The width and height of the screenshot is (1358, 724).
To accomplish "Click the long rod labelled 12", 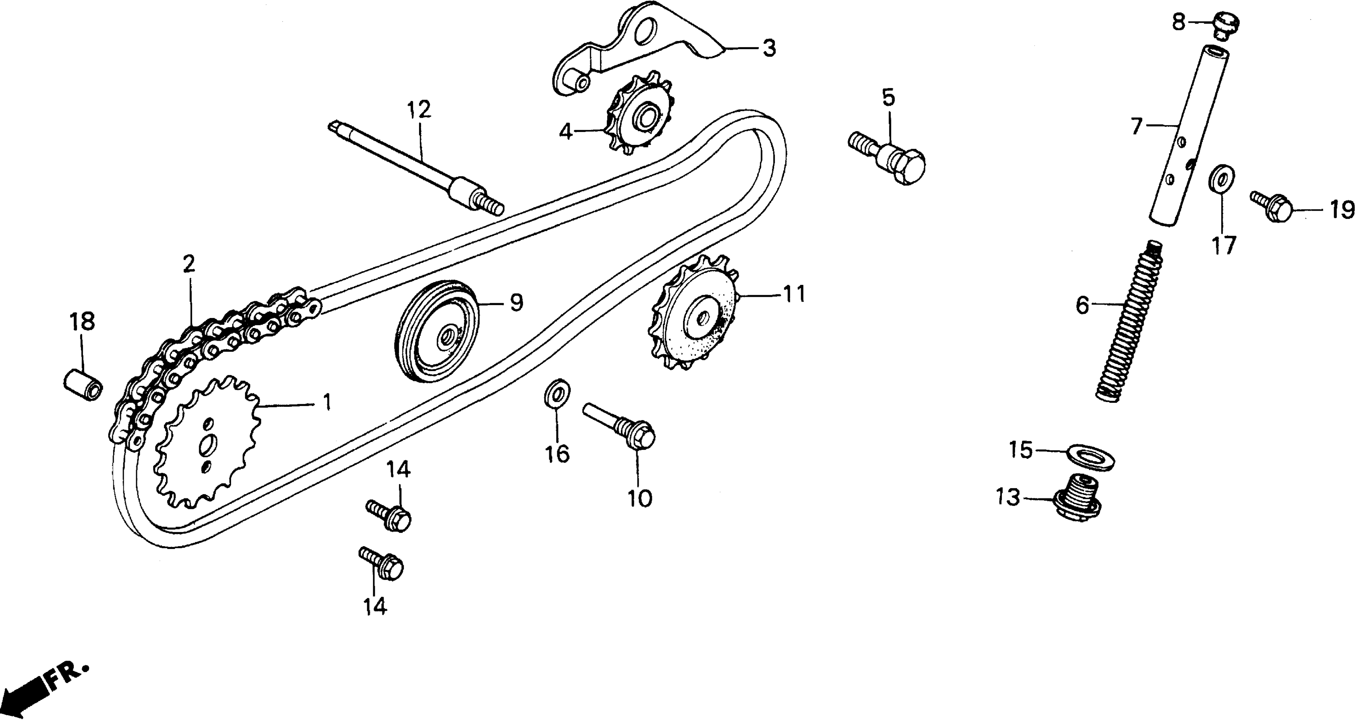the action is [x=416, y=169].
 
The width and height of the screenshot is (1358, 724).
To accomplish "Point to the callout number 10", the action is [x=640, y=497].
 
